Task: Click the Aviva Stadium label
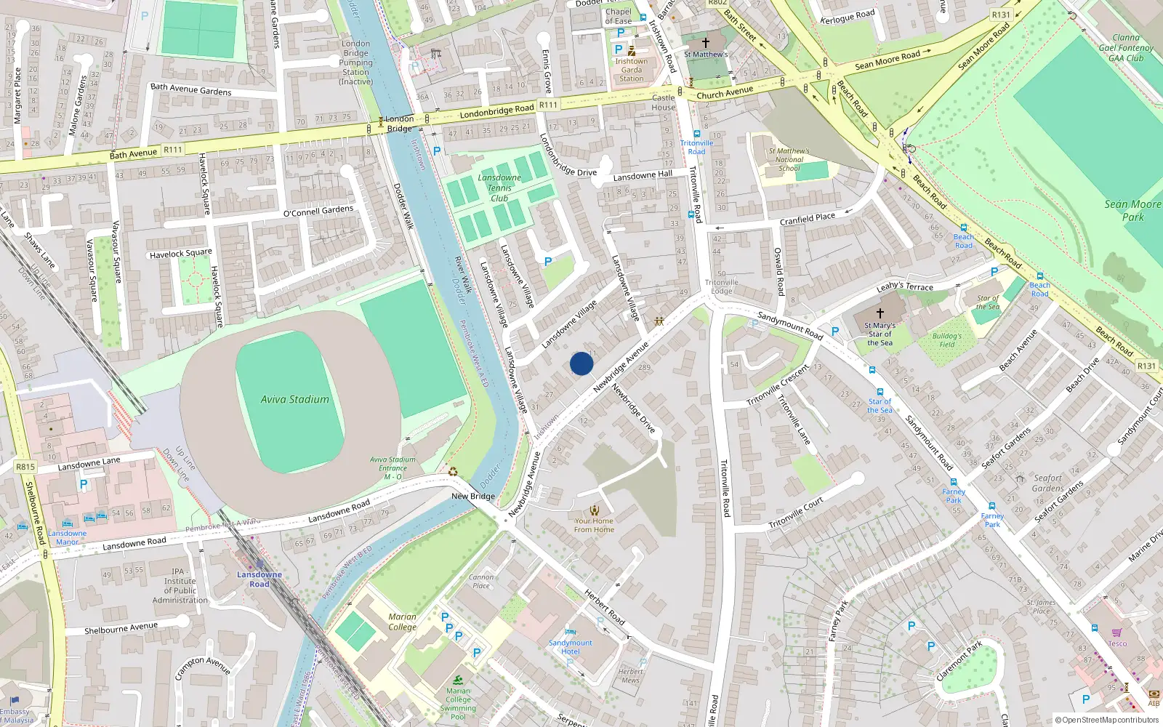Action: (295, 399)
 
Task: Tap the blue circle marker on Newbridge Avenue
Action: (581, 363)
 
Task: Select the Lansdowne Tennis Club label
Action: (499, 188)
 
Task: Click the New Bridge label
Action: (473, 497)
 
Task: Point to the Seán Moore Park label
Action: (1132, 210)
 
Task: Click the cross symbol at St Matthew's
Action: (705, 43)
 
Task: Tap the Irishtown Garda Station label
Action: (632, 70)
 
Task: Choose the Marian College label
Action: (402, 622)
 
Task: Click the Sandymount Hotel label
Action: (571, 647)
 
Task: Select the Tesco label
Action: (1117, 643)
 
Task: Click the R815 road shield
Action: (25, 467)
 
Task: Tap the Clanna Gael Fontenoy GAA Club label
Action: (1126, 48)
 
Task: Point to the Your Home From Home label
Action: (594, 525)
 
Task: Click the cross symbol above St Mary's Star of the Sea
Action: (880, 313)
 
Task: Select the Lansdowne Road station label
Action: (259, 579)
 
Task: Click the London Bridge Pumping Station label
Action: (356, 63)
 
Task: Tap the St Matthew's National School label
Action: (789, 159)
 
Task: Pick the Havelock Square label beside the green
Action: (181, 254)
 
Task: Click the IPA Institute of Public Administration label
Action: (180, 585)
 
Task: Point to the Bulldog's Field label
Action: (946, 340)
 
